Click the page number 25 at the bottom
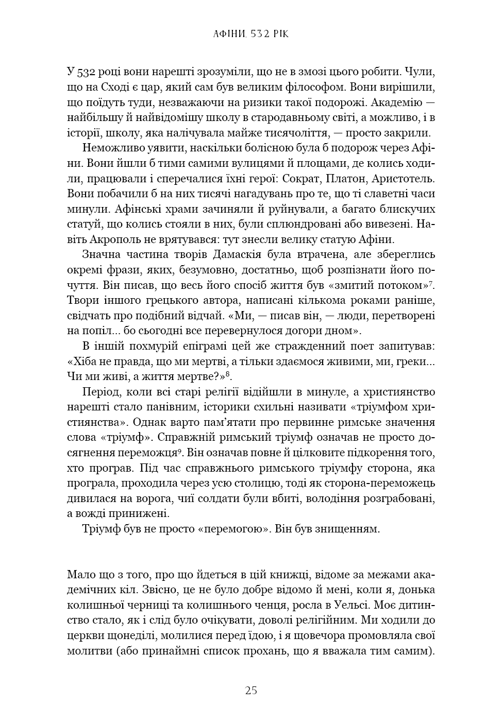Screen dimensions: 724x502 click(x=251, y=691)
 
